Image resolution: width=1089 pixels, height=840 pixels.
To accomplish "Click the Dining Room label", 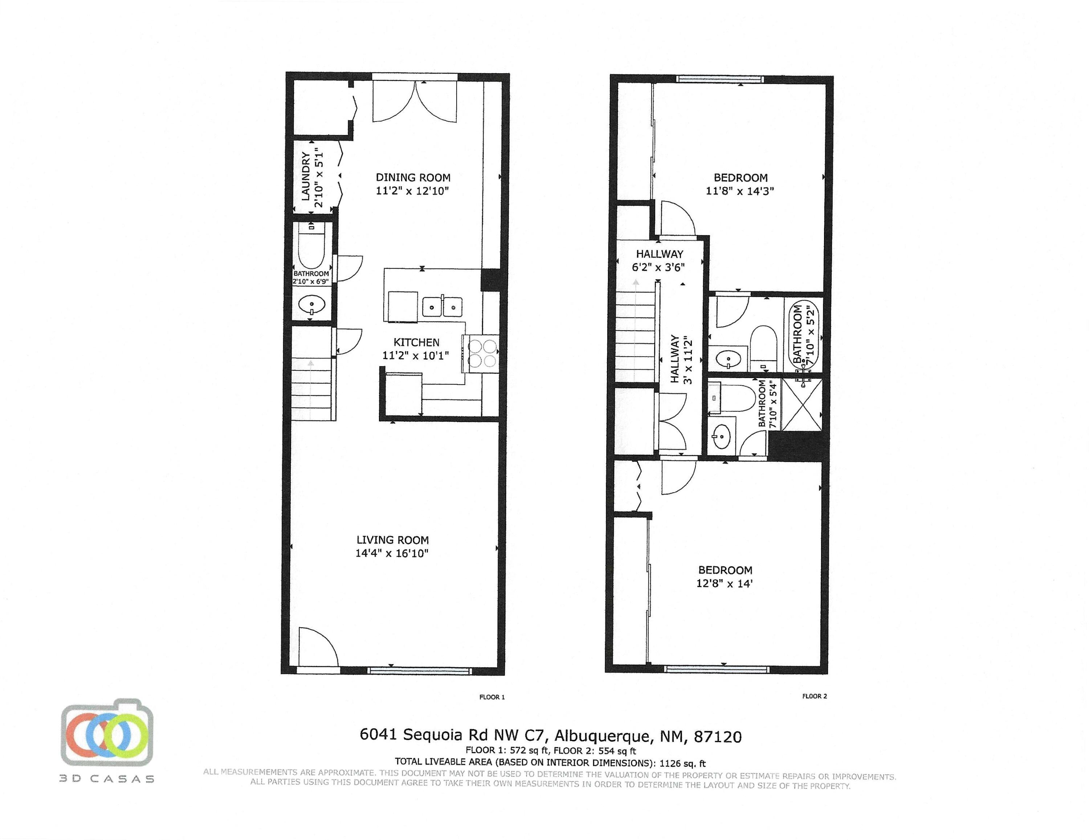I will point(413,177).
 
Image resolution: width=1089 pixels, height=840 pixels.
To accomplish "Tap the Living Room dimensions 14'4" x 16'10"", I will point(392,553).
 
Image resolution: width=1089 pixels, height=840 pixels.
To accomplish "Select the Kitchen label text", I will point(416,343).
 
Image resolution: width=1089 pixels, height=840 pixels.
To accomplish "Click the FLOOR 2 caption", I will point(814,696).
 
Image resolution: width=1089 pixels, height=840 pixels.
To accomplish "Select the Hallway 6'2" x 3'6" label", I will point(659,261).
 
